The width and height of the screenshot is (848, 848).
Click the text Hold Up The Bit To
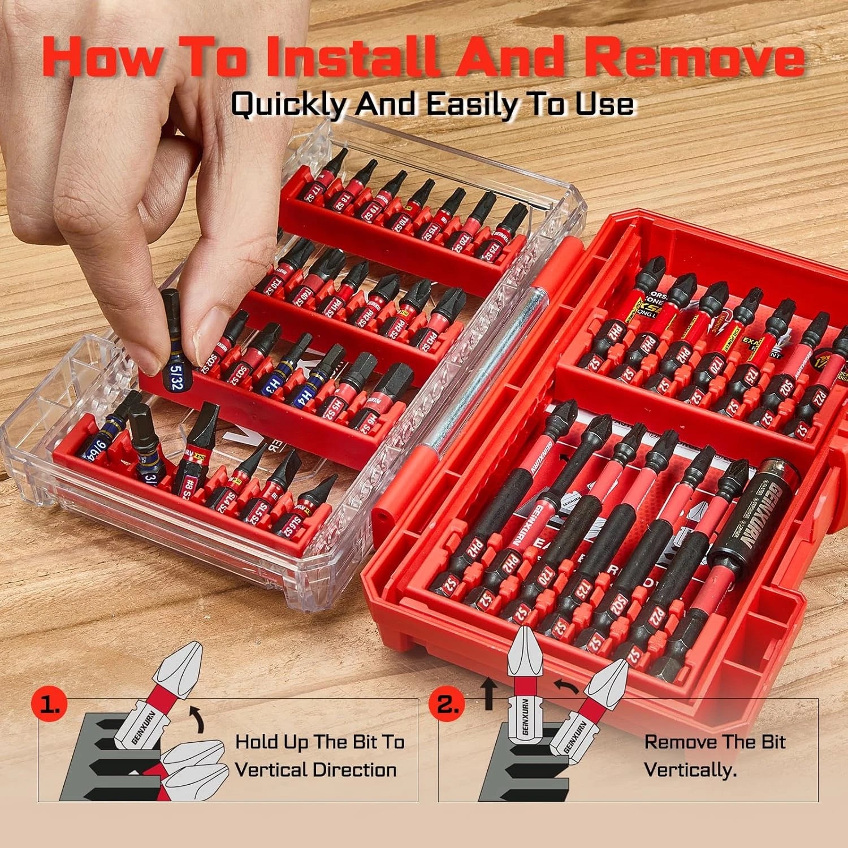tap(320, 742)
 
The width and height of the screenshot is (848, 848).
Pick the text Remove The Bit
tap(715, 742)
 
